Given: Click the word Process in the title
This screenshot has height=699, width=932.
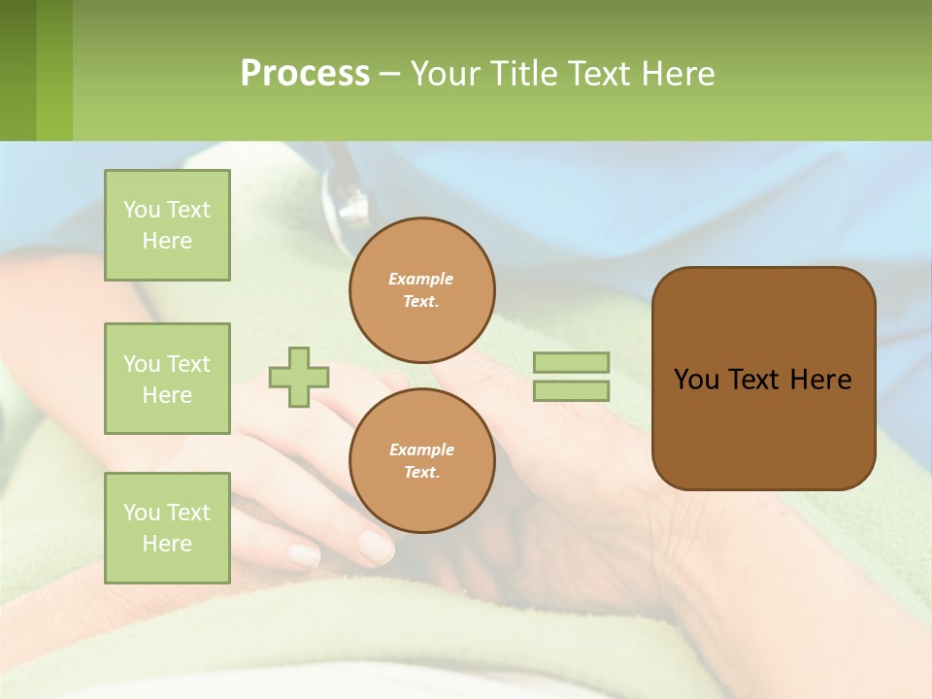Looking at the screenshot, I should (x=305, y=74).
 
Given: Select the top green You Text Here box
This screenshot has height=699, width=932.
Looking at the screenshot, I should (x=167, y=225).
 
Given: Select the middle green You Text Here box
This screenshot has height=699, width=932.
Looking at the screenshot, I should (x=167, y=379).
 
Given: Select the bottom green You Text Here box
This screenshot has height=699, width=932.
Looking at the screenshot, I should (x=167, y=527).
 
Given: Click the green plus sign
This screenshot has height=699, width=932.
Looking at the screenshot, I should (x=299, y=377).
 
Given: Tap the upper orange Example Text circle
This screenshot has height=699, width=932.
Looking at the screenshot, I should (x=421, y=290).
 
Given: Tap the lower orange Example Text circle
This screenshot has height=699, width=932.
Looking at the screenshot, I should (x=421, y=460).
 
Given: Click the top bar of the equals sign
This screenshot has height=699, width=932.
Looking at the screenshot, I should (x=571, y=363).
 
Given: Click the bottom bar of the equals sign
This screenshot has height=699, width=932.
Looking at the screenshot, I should (x=571, y=390).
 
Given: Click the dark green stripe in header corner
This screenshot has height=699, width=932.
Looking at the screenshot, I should (x=17, y=70).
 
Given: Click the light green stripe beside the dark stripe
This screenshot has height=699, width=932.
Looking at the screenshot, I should (x=54, y=70).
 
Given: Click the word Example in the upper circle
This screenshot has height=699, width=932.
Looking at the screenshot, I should (x=421, y=280).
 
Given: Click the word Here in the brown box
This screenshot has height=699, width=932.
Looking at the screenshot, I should (x=820, y=380).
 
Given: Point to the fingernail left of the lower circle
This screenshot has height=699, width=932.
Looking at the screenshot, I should (x=304, y=554).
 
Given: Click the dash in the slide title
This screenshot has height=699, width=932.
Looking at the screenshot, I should (x=389, y=74).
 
